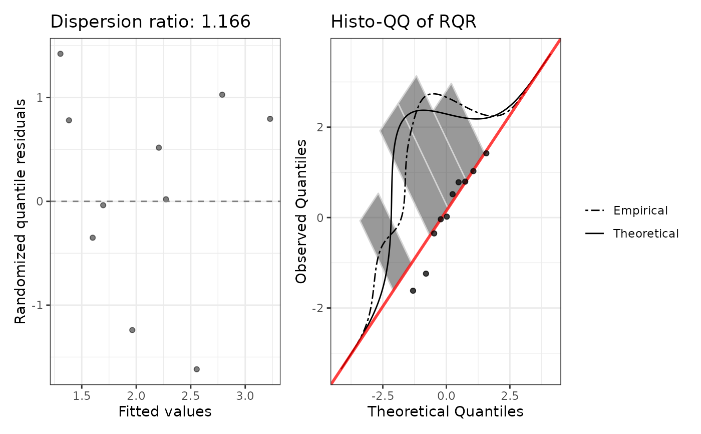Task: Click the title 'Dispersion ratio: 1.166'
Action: tap(150, 23)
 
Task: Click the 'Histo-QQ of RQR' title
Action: tap(404, 23)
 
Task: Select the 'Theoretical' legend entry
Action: tap(646, 234)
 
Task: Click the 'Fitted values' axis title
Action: tap(165, 411)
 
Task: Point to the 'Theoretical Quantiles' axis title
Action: tap(445, 411)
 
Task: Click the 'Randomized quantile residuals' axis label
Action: tap(21, 212)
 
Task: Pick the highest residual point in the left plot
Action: tap(61, 54)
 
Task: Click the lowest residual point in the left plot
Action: tap(197, 369)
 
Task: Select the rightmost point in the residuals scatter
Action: tap(270, 119)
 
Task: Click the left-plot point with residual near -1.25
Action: tap(132, 330)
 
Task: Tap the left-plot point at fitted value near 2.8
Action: tap(222, 95)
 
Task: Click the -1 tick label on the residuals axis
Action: tap(38, 305)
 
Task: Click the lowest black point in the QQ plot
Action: tap(413, 291)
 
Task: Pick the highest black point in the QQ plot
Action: tap(486, 153)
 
